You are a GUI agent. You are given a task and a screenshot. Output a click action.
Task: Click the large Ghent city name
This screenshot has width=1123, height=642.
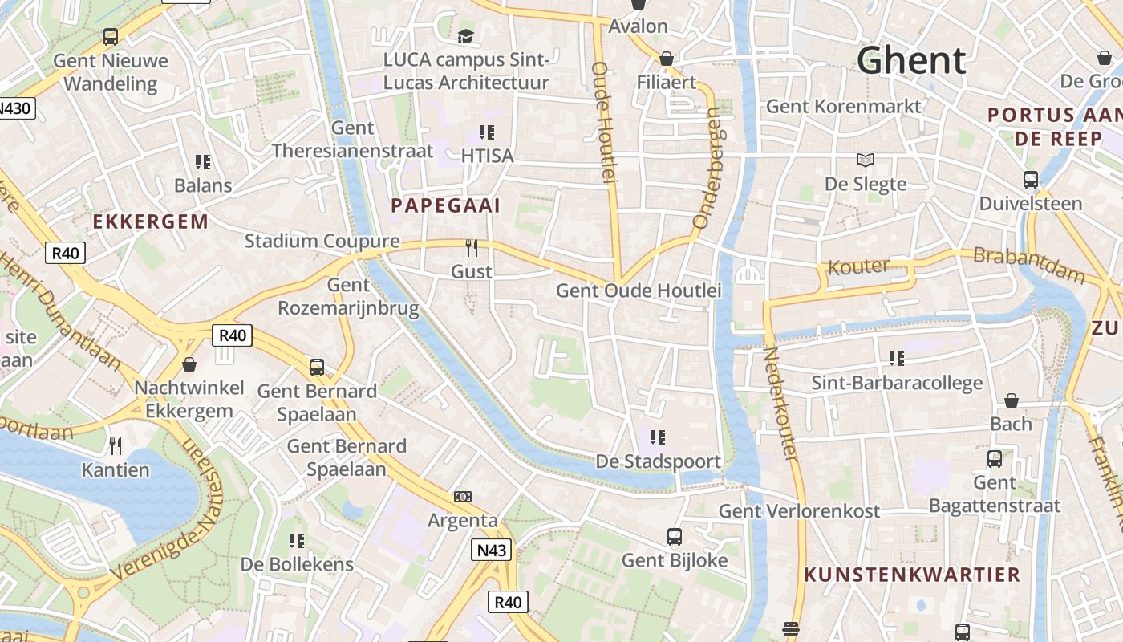(x=911, y=60)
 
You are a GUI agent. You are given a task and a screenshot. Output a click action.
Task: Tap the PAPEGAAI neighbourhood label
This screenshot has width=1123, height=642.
(x=445, y=205)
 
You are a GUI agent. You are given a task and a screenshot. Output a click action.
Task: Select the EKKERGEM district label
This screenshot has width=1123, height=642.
(x=151, y=221)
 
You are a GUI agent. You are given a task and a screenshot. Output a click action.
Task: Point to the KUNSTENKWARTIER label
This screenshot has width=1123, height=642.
(x=912, y=575)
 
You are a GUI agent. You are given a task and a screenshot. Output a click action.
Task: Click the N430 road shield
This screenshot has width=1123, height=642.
(x=16, y=108)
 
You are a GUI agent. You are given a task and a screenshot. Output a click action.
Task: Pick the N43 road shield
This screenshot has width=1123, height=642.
(x=489, y=550)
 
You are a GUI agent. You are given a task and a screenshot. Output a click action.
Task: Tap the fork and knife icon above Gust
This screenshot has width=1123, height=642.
(x=472, y=248)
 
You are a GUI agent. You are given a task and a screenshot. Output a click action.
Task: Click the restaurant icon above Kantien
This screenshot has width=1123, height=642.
(x=116, y=446)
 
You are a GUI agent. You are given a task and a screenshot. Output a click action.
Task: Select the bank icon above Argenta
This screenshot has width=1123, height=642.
(x=463, y=497)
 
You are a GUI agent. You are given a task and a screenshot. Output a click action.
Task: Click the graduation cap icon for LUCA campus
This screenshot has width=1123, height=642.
(x=465, y=36)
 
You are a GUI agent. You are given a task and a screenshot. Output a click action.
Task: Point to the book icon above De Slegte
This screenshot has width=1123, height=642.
(x=866, y=160)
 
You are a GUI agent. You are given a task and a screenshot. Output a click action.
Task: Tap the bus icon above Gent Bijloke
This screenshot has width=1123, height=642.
(x=675, y=536)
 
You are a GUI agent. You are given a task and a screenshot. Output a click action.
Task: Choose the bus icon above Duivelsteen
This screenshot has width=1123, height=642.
(x=1031, y=180)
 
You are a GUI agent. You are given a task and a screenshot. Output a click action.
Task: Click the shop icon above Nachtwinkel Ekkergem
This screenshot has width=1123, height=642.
(x=189, y=364)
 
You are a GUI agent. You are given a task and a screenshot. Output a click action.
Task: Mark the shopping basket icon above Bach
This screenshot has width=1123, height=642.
(x=1012, y=400)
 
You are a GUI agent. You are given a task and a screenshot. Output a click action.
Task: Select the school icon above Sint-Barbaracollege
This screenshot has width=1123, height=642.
(x=896, y=358)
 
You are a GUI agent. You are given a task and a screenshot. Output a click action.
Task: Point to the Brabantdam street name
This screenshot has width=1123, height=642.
(x=1029, y=266)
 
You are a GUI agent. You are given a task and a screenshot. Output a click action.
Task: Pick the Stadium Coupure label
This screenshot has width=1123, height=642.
(x=322, y=241)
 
